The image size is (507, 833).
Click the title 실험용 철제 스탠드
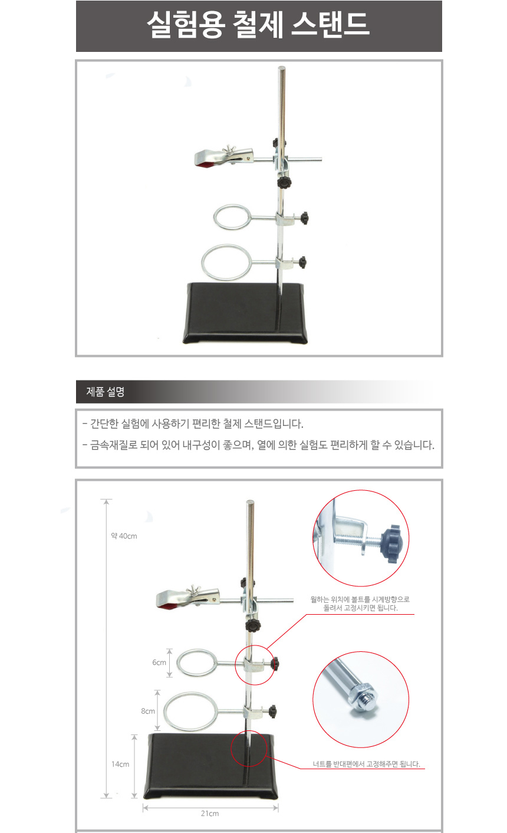pos(258,24)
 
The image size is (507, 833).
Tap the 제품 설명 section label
pos(105,392)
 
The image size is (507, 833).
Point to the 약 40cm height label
pos(124,536)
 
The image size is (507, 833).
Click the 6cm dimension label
pos(159,663)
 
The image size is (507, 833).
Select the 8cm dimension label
pos(148,711)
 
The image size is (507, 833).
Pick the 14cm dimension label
pos(120,764)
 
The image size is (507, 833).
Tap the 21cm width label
pos(210,814)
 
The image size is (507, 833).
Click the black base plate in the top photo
pos(245,313)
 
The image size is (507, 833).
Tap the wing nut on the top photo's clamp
pos(227,152)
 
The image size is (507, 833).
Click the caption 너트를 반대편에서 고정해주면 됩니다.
pos(366,764)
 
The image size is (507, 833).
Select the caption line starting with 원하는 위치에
pos(360,599)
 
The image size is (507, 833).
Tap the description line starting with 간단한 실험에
pos(193,424)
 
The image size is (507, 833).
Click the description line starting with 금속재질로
pos(258,445)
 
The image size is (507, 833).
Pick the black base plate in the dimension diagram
pos(210,766)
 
